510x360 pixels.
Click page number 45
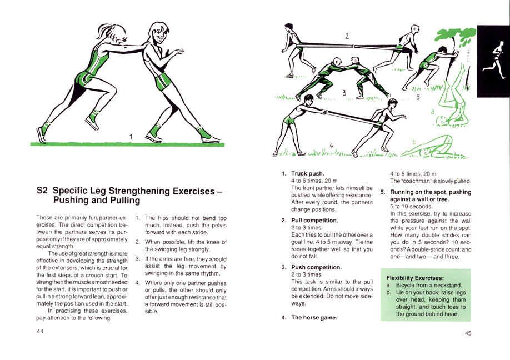[x=468, y=333]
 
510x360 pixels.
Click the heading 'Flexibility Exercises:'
[x=415, y=277]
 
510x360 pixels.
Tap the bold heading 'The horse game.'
[x=314, y=318]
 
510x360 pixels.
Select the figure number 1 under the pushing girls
[x=131, y=136]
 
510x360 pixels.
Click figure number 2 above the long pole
[x=347, y=36]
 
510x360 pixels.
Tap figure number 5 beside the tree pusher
[x=418, y=97]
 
